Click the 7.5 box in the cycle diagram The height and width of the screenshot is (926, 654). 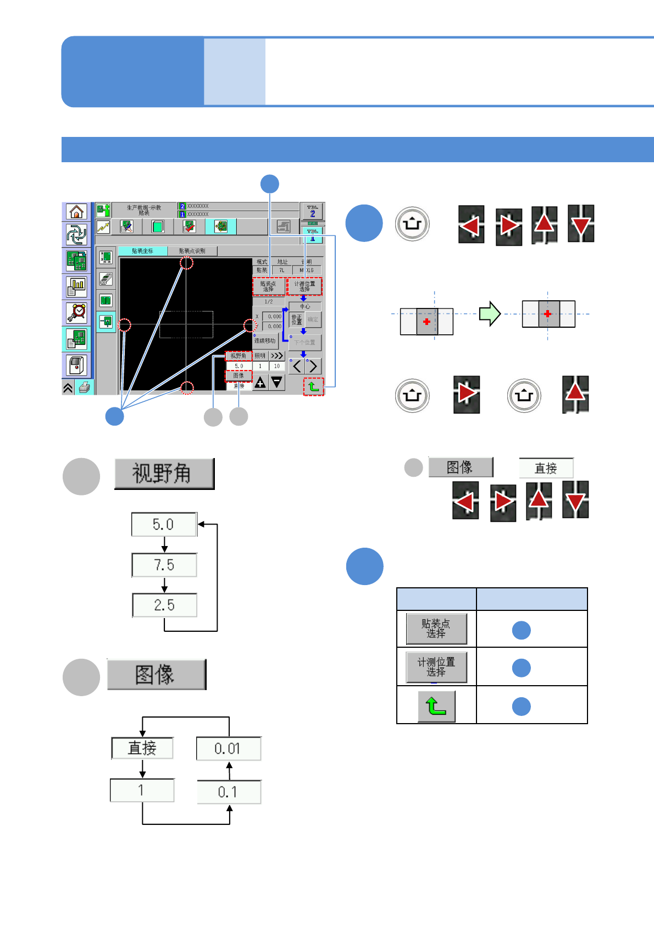pos(164,565)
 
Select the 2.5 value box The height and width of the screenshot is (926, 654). pos(164,605)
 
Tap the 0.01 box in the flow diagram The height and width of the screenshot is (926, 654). pos(228,748)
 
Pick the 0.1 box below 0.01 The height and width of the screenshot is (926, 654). pos(228,792)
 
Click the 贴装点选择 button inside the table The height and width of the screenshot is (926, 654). pos(436,629)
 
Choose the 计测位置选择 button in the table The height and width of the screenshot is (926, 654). pos(436,667)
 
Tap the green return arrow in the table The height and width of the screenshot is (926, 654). pos(436,706)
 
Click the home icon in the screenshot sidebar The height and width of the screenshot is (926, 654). pos(77,212)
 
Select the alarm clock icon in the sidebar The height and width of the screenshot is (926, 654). pos(77,312)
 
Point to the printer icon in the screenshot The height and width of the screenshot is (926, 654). pos(85,388)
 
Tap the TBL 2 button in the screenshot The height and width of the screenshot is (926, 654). pos(313,212)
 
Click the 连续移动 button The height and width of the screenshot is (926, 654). pos(265,341)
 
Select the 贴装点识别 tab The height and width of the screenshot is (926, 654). pos(192,251)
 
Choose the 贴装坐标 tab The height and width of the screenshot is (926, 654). pos(143,251)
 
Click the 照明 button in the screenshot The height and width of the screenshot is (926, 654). pos(260,356)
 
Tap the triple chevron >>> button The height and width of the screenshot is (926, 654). pos(277,356)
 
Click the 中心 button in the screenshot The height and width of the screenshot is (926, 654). pos(305,306)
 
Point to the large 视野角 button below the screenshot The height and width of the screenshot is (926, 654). pos(164,474)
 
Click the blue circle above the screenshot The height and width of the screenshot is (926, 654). pos(269,184)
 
